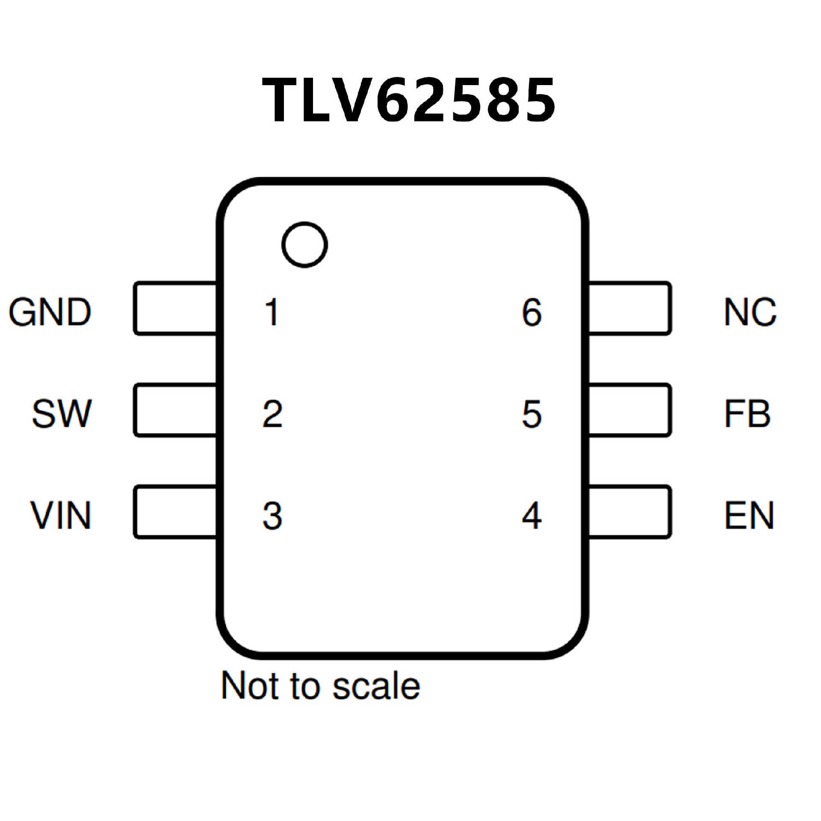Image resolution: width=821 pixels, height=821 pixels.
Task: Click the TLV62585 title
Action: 409,100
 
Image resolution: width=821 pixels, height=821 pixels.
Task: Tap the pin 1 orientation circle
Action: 304,245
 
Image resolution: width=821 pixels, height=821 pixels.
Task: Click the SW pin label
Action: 62,413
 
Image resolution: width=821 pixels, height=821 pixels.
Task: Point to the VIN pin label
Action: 61,515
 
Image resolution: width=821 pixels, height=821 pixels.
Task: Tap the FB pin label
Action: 747,413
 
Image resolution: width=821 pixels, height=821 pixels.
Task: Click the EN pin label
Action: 749,515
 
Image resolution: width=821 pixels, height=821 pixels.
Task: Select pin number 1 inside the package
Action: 272,312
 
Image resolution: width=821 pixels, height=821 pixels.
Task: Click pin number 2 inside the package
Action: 272,413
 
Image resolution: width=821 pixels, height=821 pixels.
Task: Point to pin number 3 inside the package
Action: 272,516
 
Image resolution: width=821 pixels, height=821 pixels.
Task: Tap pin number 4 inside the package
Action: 532,516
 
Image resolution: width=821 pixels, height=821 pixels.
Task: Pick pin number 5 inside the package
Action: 532,413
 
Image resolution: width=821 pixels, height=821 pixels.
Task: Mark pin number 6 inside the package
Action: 532,312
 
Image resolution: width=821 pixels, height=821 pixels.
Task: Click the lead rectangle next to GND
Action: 175,308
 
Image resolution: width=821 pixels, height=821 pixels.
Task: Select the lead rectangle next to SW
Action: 175,410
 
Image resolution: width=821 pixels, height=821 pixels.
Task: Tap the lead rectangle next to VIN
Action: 175,512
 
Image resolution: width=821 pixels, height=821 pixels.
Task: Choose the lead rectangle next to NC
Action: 629,308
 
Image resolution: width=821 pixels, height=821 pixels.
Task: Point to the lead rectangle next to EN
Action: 629,512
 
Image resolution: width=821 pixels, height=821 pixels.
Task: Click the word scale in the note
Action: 376,686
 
